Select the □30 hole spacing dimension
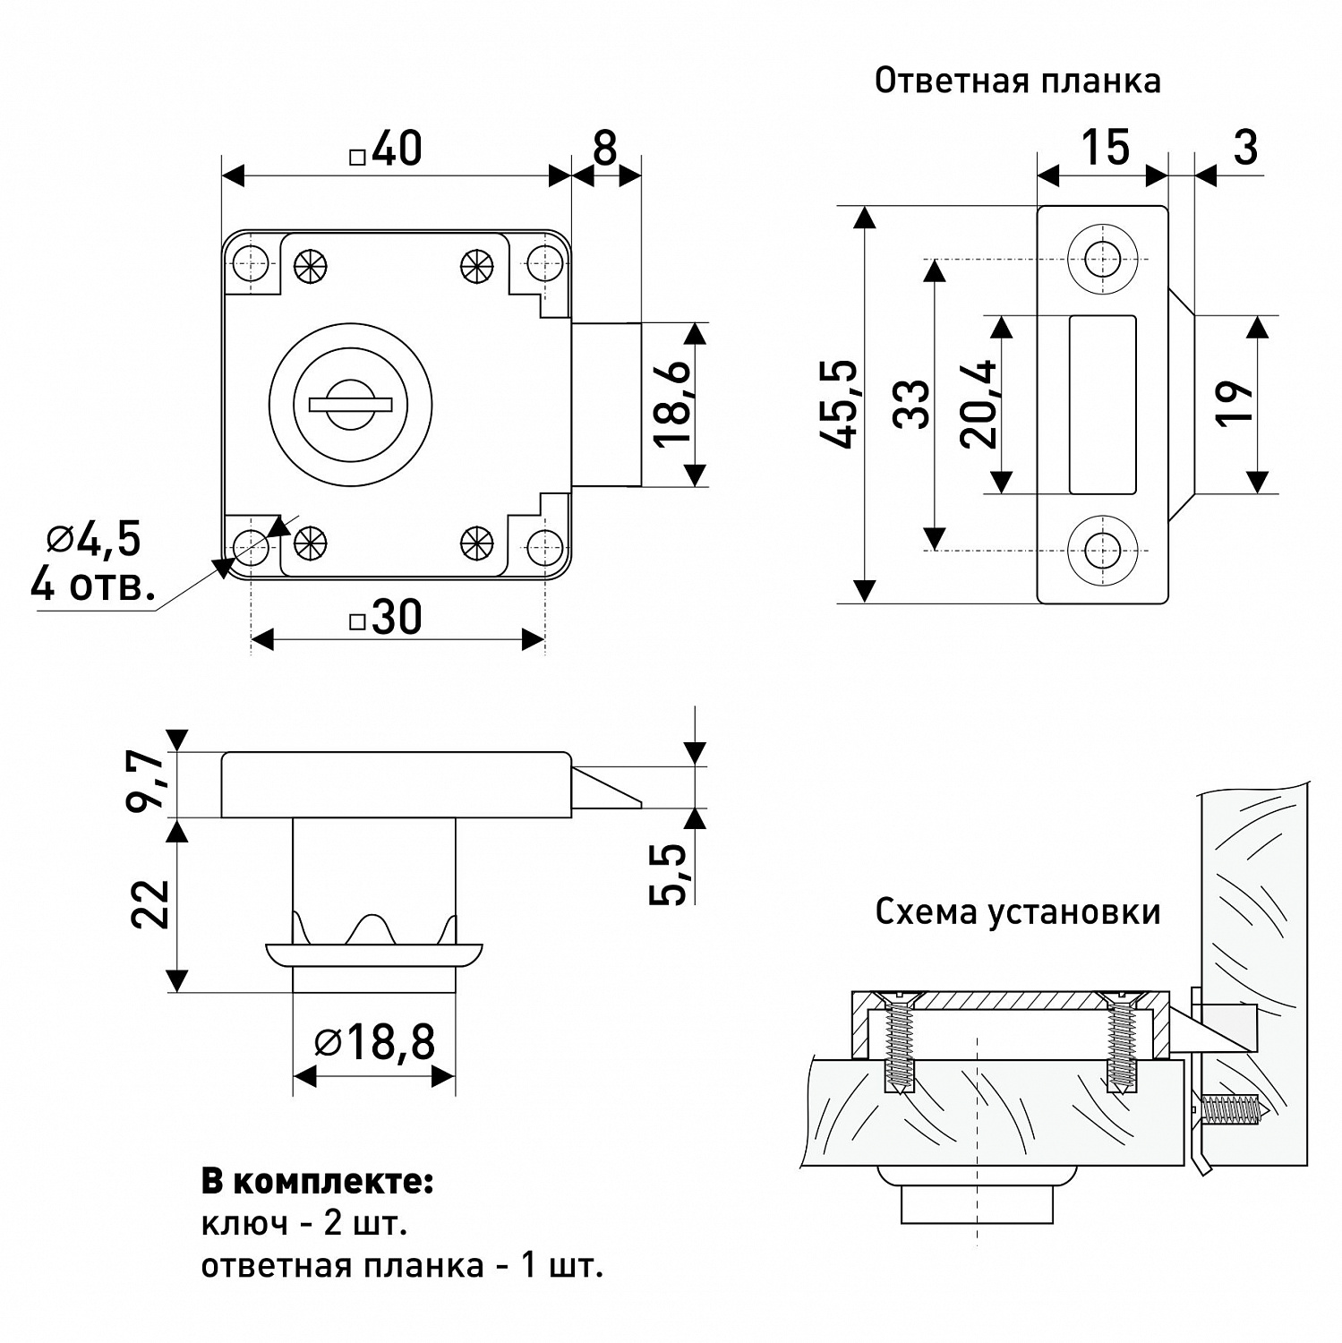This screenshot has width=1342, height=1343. coord(387,618)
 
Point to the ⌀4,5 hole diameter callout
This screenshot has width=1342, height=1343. coord(94,540)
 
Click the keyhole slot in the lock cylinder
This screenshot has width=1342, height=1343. coord(351,405)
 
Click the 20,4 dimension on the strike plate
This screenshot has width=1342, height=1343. coord(978,404)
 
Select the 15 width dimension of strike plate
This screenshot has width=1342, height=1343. coord(1105,148)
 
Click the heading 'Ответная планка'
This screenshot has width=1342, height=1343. coord(1017,81)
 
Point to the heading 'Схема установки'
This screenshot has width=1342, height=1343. coord(1017,912)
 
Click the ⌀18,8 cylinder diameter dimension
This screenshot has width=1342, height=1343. coord(375,1042)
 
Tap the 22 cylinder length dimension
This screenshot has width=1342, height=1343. coord(150,904)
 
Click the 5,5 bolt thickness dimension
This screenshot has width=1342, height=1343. coord(670,874)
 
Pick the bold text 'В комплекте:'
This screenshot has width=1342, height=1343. coord(317,1182)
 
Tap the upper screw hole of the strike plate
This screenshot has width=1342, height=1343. coord(1102,260)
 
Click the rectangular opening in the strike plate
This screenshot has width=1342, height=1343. coord(1102,404)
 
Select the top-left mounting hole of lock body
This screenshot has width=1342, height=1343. coord(251,262)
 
